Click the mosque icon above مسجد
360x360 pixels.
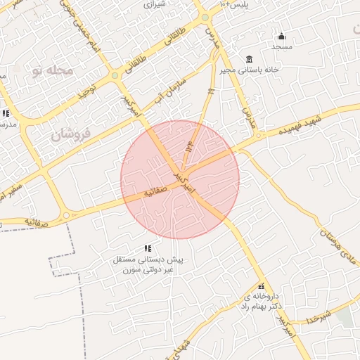pos(282,37)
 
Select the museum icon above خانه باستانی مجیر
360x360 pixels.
pos(250,59)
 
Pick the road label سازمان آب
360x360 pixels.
pos(175,86)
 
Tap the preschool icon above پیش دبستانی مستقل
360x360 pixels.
pos(148,248)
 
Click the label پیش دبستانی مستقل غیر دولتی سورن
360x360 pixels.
pos(148,264)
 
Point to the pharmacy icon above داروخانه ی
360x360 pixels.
pos(262,286)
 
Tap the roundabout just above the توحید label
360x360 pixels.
pos(115,75)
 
